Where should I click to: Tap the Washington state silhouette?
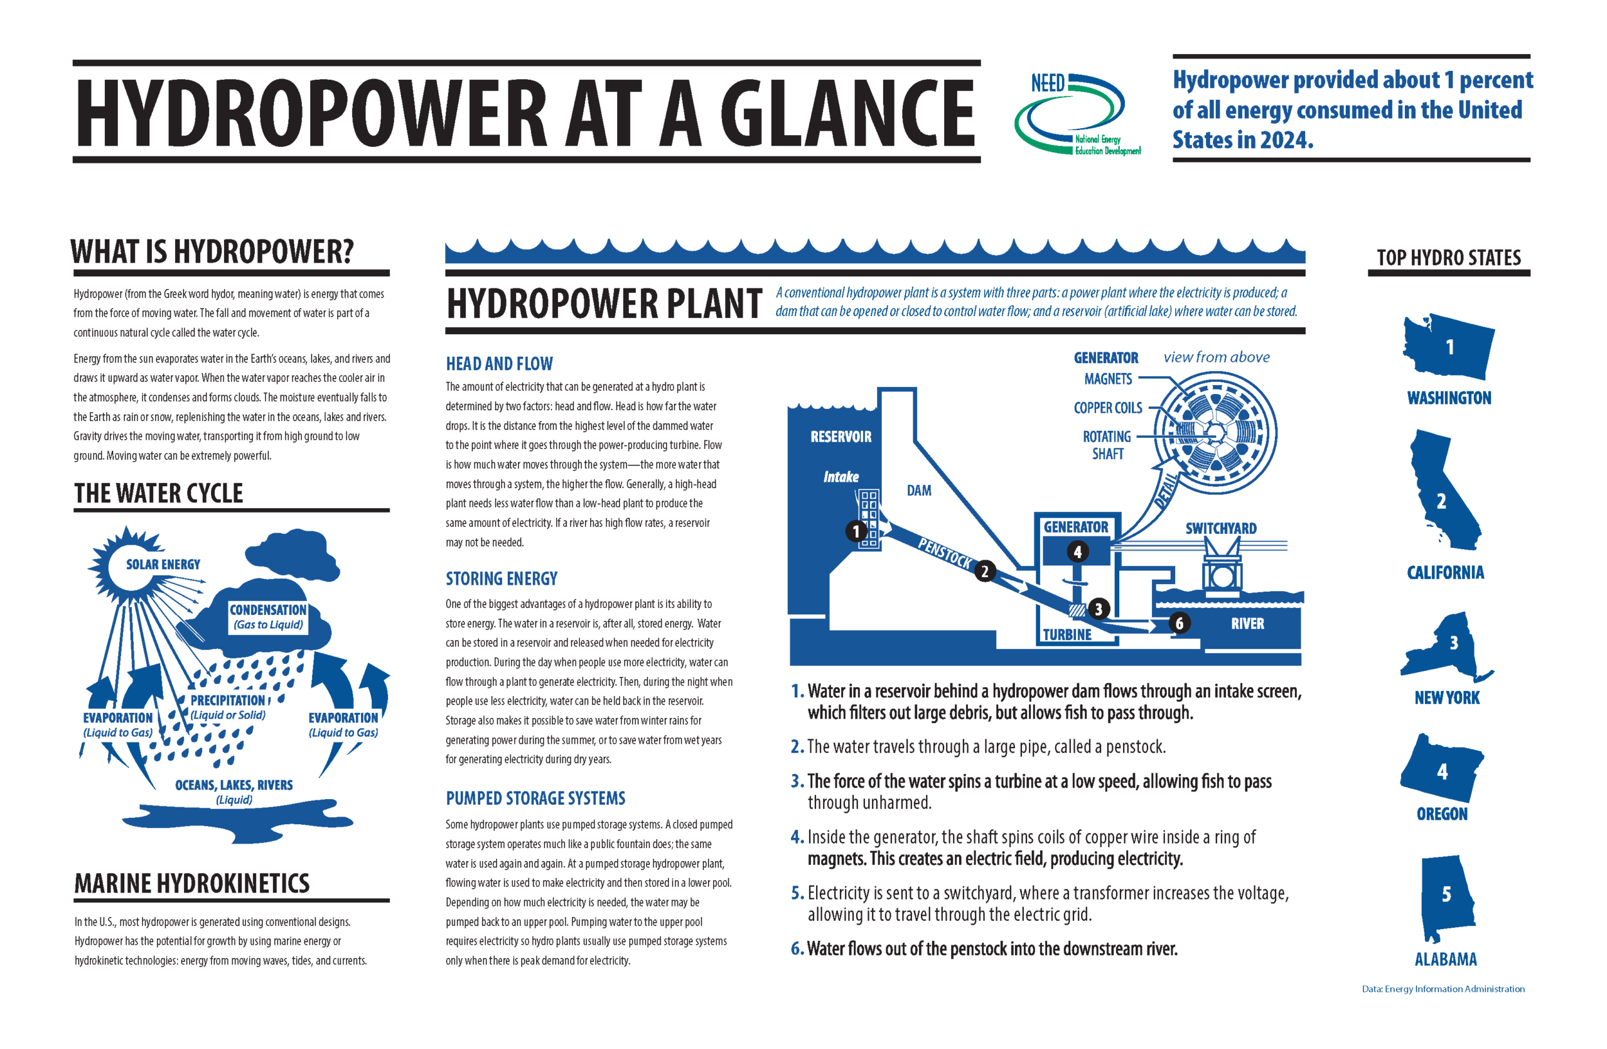(x=1449, y=347)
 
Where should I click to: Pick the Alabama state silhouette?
(x=1446, y=898)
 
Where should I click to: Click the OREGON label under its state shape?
(x=1441, y=814)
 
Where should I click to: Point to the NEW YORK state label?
(x=1446, y=698)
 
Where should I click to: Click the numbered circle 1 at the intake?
(x=856, y=531)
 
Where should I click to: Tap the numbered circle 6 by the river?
(x=1179, y=622)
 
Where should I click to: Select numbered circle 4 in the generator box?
(x=1077, y=552)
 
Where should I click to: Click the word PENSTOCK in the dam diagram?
(x=945, y=553)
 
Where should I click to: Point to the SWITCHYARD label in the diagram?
(x=1221, y=528)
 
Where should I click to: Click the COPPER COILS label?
(x=1107, y=408)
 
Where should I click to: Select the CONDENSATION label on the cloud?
(x=267, y=610)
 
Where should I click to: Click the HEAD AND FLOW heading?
(x=499, y=364)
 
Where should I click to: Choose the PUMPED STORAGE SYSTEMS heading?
(x=535, y=798)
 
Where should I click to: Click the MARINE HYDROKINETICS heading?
(x=191, y=884)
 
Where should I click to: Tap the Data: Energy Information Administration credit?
(x=1443, y=989)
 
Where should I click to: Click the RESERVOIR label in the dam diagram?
(x=841, y=437)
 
